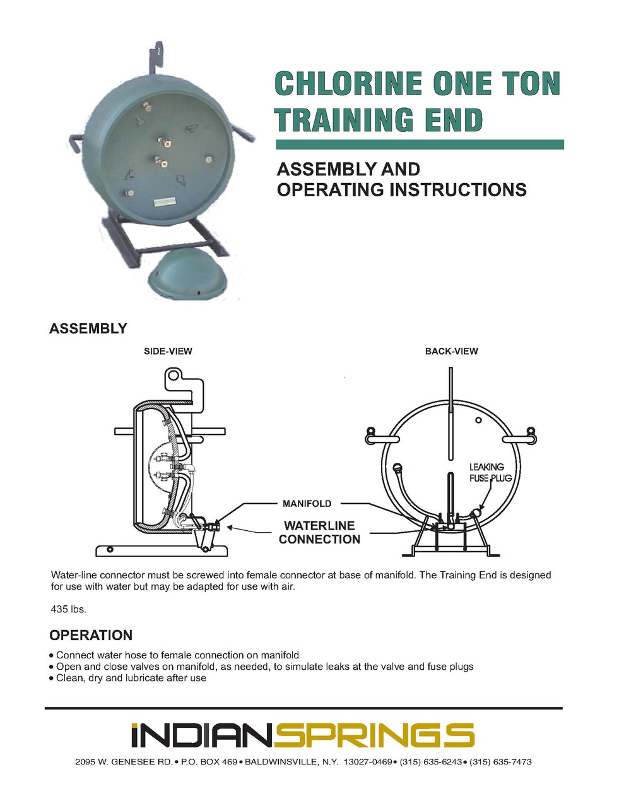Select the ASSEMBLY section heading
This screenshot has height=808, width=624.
click(88, 329)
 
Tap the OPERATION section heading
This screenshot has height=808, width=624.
click(91, 635)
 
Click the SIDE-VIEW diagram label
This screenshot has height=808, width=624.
click(168, 351)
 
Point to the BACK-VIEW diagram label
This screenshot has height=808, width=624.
click(451, 351)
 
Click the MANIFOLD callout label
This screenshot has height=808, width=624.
click(307, 504)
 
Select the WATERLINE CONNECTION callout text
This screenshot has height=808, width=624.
click(319, 532)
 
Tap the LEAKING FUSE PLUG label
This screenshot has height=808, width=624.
click(490, 472)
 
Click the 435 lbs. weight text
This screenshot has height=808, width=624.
click(68, 610)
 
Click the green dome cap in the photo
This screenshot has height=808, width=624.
click(183, 273)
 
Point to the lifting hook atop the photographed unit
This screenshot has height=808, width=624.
click(157, 57)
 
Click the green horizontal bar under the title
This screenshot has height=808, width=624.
click(420, 145)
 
